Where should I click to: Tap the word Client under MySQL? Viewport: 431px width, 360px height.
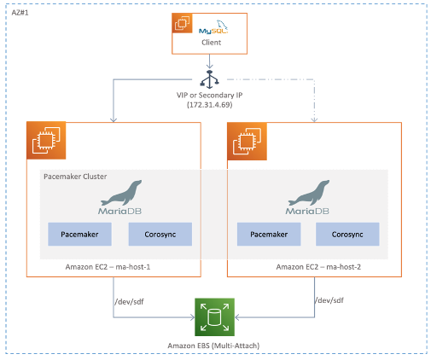coord(212,42)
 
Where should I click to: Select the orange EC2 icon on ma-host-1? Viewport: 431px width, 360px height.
coord(43,139)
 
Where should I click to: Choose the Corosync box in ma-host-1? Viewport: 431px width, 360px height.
coord(160,234)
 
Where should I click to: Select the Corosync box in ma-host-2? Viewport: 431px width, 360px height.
coord(347,234)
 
